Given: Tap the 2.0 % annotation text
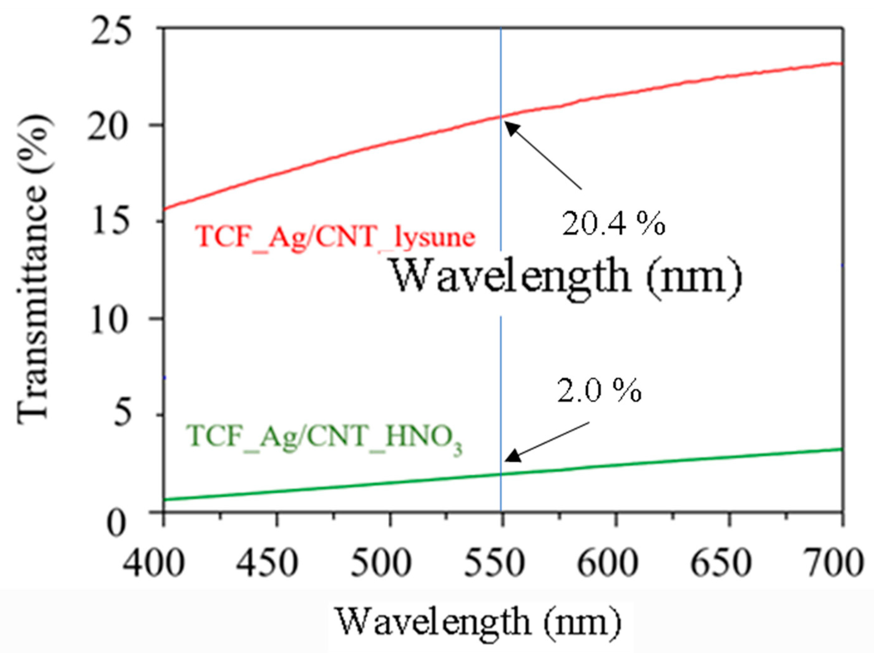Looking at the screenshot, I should (599, 391).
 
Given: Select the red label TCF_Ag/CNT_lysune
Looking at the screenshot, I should (335, 237).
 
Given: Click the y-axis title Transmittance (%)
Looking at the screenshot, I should (34, 269).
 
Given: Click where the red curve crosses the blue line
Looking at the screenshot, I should (501, 116).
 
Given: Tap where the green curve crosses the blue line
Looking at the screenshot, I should (501, 474).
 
